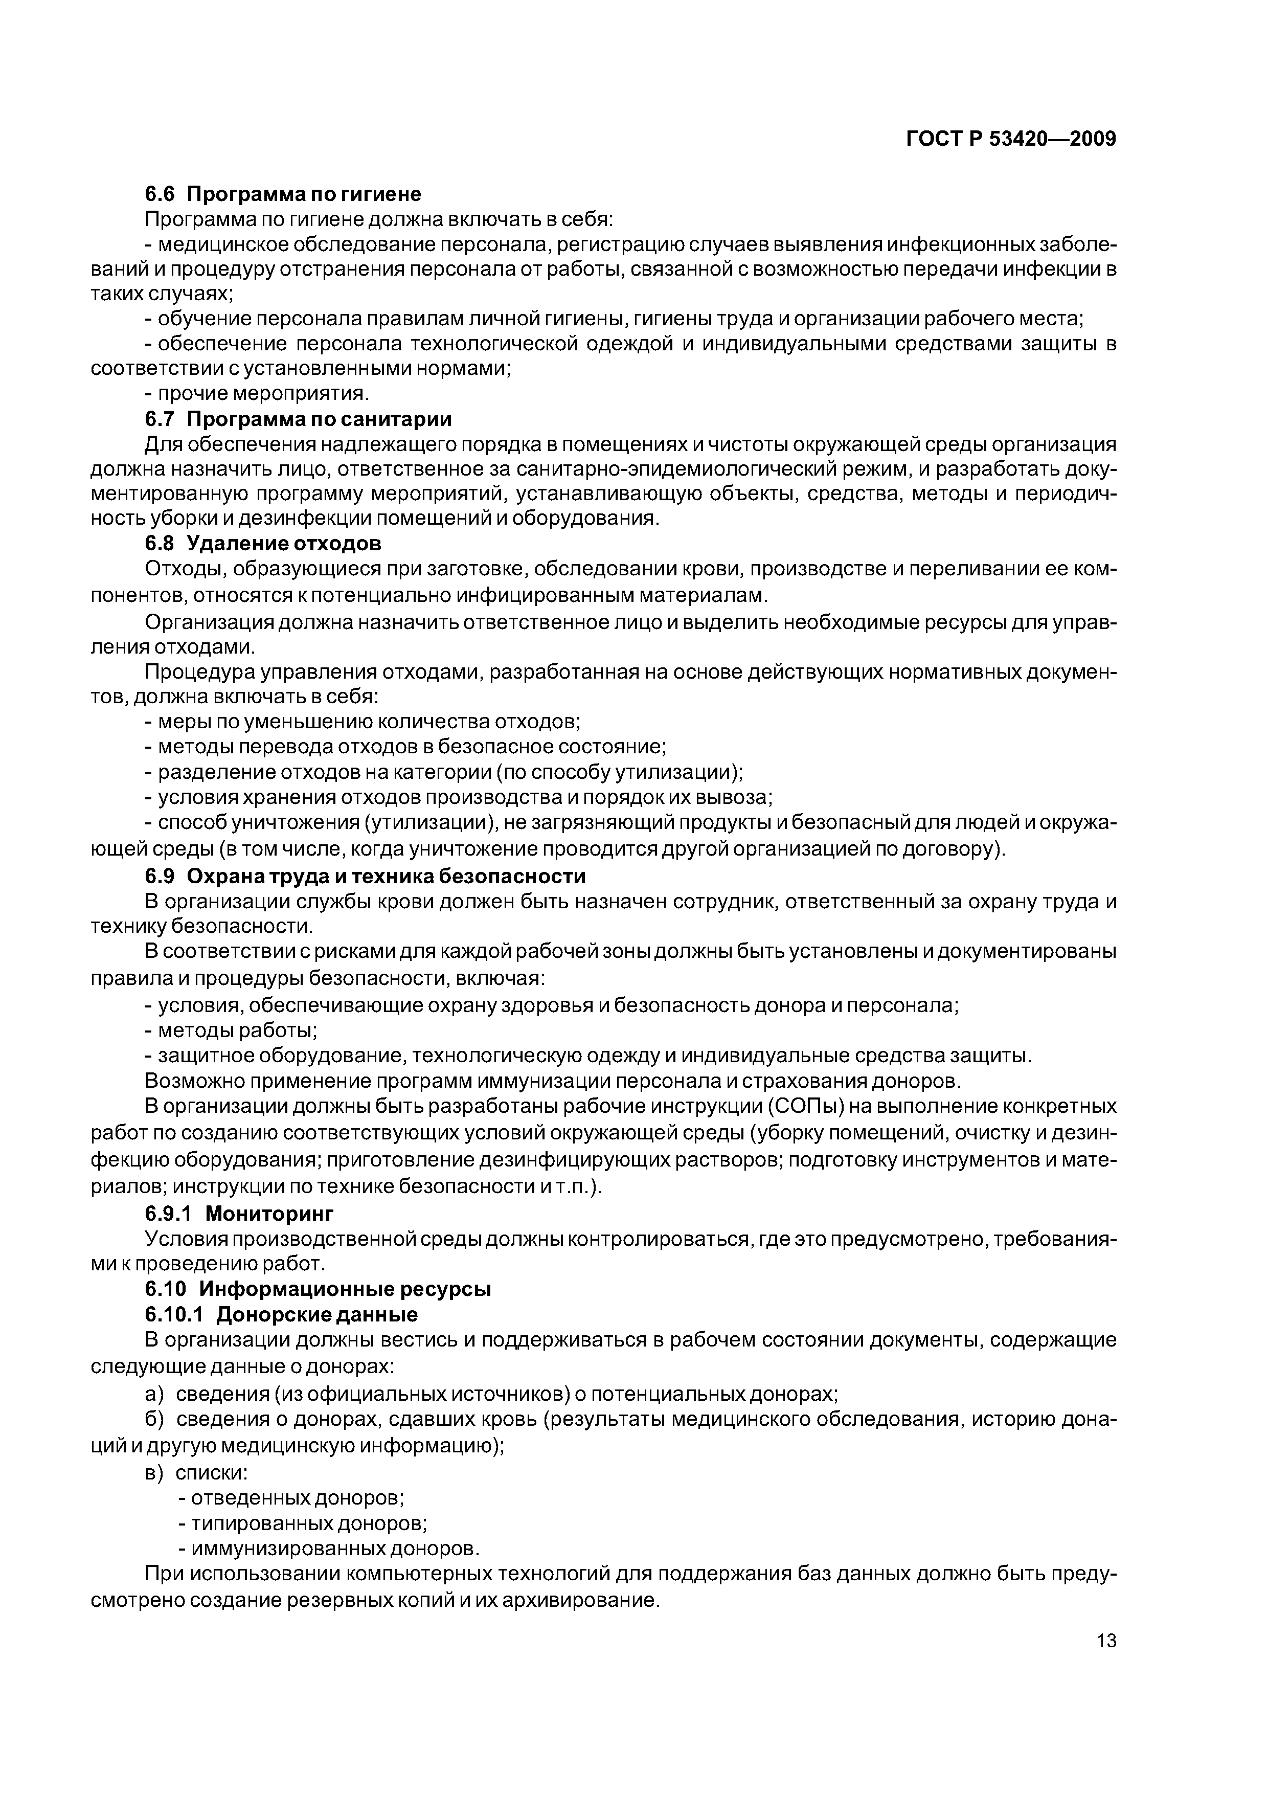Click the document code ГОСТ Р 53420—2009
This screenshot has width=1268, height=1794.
pos(1011,139)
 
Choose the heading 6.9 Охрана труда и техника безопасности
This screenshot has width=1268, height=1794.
pos(365,876)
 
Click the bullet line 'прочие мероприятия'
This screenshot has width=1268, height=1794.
pos(257,394)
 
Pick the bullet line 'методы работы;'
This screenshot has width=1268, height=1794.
pos(231,1030)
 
